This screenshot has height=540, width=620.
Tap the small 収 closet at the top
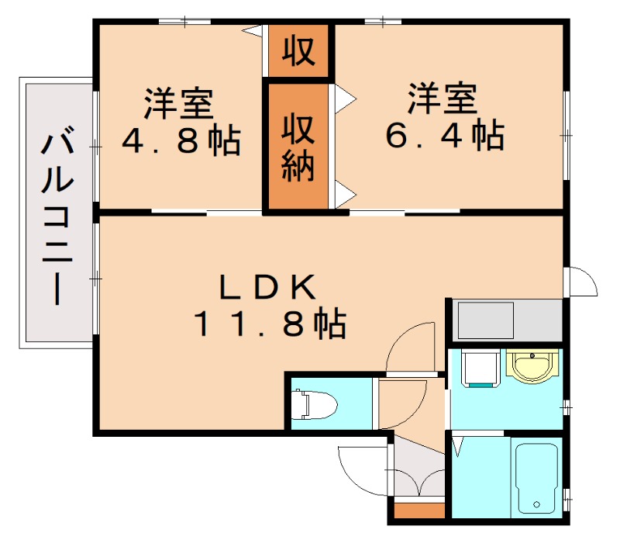click(x=298, y=50)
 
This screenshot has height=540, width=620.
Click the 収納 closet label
click(x=298, y=147)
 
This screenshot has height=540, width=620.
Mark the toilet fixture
click(x=315, y=404)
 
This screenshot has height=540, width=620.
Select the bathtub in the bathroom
click(x=536, y=476)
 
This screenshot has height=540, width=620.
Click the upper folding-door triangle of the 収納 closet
click(x=344, y=97)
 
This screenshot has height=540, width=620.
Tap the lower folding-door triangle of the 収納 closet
click(x=344, y=190)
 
